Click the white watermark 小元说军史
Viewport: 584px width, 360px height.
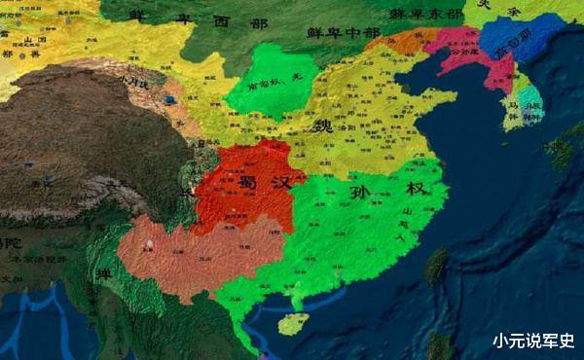[x=532, y=341]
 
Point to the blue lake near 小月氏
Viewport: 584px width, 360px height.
[x=171, y=98]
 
